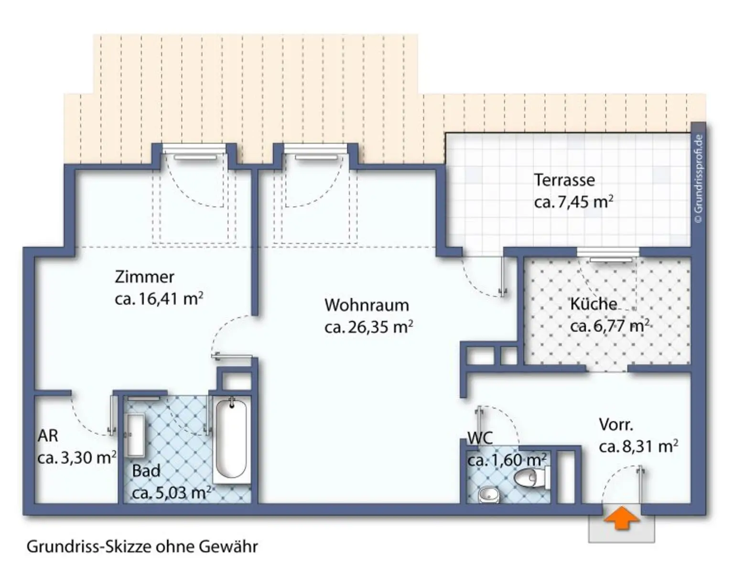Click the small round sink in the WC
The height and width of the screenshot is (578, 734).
click(488, 494)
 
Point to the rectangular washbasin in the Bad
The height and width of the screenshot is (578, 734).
click(136, 435)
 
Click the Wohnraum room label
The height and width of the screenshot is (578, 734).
click(367, 305)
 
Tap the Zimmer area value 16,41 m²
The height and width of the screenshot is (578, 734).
click(159, 299)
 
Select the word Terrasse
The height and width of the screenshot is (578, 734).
click(564, 180)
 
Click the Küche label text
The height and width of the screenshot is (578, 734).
click(593, 304)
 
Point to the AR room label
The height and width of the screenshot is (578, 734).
click(48, 436)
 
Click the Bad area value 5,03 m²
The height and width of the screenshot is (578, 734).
click(171, 492)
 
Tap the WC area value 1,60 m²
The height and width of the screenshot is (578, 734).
click(507, 460)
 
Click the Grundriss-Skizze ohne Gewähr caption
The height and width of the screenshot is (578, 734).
click(142, 546)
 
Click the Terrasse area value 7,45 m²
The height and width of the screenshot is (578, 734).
click(573, 202)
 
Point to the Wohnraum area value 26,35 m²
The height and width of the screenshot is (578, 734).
click(368, 327)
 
